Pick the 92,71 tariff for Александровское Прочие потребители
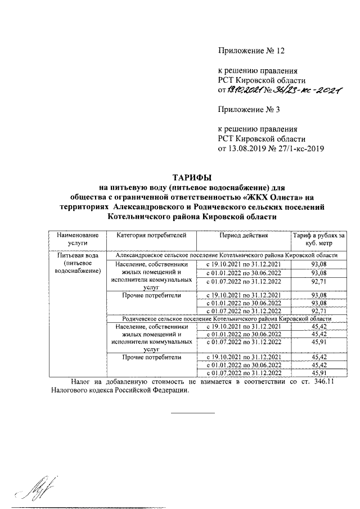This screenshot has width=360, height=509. [318, 310]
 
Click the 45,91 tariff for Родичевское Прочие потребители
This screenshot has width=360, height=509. [318, 373]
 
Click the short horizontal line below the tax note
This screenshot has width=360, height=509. [192, 413]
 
